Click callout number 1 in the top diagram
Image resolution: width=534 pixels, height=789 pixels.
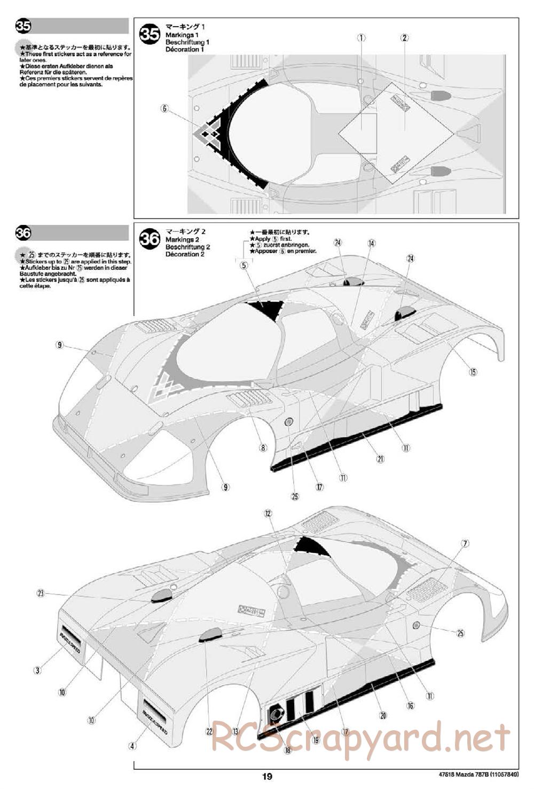point(362,37)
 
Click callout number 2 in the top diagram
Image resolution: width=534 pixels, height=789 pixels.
point(405,37)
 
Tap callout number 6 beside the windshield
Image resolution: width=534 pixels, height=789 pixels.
point(164,108)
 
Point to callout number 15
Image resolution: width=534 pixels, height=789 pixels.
point(473,372)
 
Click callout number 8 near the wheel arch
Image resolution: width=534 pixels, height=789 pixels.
point(263,448)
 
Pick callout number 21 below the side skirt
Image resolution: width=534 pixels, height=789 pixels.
point(380,458)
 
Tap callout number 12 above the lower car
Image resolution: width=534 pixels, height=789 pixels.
point(268,513)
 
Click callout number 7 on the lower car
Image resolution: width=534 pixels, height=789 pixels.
point(465,544)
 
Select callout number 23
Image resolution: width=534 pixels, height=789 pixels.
point(41,593)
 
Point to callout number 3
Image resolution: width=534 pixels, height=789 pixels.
point(37,670)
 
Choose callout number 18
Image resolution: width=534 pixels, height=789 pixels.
point(288,750)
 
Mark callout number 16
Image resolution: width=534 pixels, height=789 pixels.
point(411,706)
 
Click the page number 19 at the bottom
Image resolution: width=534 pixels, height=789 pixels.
point(267,777)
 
